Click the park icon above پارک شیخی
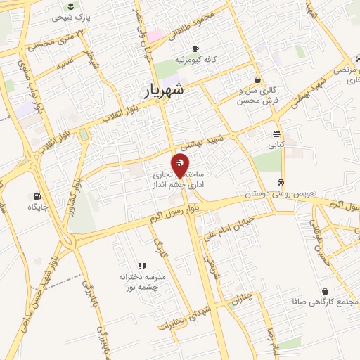pyautogui.click(x=70, y=6)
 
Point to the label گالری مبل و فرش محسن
pyautogui.click(x=259, y=96)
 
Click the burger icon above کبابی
pyautogui.click(x=277, y=134)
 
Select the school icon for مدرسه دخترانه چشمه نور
pyautogui.click(x=141, y=266)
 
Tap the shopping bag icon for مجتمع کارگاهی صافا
pyautogui.click(x=325, y=290)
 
